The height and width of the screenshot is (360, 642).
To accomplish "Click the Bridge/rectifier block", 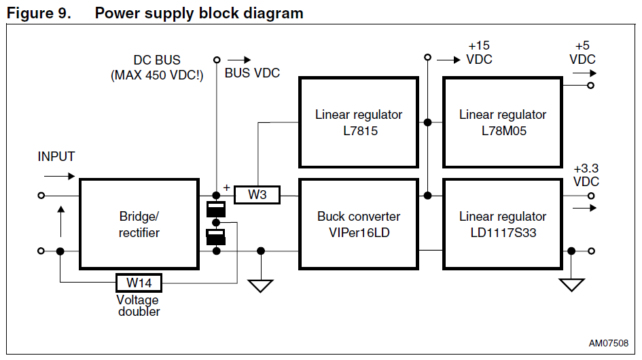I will pyautogui.click(x=139, y=223).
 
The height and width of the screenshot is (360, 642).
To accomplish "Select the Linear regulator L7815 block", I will pyautogui.click(x=358, y=122).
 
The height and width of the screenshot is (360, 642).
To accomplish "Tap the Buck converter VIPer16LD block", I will pyautogui.click(x=358, y=224).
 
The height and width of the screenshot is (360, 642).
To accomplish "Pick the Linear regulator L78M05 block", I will pyautogui.click(x=502, y=122).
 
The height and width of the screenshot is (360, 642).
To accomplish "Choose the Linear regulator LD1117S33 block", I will pyautogui.click(x=502, y=224).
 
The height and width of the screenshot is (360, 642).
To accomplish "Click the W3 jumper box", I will pyautogui.click(x=257, y=196).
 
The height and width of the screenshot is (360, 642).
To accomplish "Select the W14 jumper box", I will pyautogui.click(x=139, y=281).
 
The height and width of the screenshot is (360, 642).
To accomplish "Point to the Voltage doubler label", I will pyautogui.click(x=139, y=306).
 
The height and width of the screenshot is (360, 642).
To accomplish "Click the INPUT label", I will pyautogui.click(x=56, y=157).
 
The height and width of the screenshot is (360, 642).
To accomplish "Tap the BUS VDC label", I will pyautogui.click(x=252, y=73).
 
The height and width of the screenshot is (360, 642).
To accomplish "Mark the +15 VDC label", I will pyautogui.click(x=479, y=52).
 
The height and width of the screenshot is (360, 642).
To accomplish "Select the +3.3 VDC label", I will pyautogui.click(x=586, y=175).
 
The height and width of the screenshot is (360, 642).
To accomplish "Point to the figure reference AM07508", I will pyautogui.click(x=608, y=342).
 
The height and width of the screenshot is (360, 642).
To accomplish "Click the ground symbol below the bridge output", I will pyautogui.click(x=260, y=285).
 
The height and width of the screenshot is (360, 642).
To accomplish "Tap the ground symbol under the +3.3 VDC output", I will pyautogui.click(x=571, y=285).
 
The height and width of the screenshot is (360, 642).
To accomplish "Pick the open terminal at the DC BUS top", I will pyautogui.click(x=217, y=59).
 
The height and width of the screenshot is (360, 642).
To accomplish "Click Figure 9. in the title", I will pyautogui.click(x=39, y=12).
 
